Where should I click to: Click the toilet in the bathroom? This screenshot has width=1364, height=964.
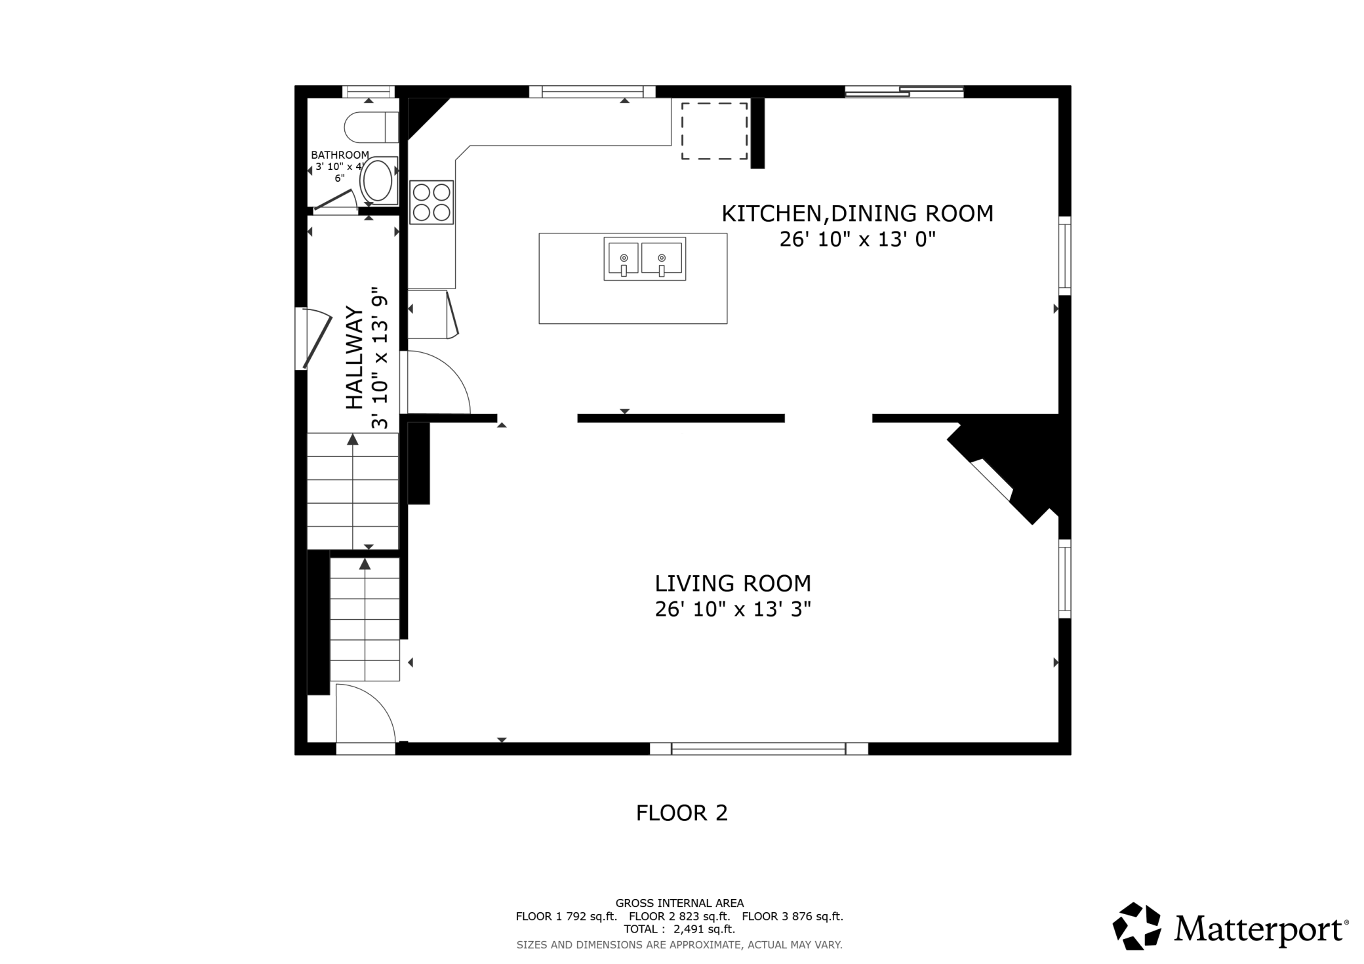pyautogui.click(x=371, y=127)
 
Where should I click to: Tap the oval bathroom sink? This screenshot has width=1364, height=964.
pyautogui.click(x=378, y=181)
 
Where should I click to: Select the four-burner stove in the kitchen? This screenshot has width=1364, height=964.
pyautogui.click(x=431, y=202)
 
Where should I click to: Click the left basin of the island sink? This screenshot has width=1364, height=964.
pyautogui.click(x=624, y=258)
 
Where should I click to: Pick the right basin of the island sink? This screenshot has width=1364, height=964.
pyautogui.click(x=662, y=258)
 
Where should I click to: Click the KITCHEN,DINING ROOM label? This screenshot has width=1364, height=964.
pyautogui.click(x=858, y=214)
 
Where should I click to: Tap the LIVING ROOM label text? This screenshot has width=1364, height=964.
pyautogui.click(x=733, y=583)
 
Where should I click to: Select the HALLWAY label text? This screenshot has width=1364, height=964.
pyautogui.click(x=355, y=357)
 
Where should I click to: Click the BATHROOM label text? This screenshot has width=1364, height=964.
pyautogui.click(x=340, y=155)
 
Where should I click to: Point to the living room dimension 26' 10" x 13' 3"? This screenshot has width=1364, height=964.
pyautogui.click(x=733, y=610)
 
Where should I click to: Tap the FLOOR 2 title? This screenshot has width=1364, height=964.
pyautogui.click(x=682, y=813)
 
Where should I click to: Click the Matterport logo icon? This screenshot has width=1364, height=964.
pyautogui.click(x=1137, y=926)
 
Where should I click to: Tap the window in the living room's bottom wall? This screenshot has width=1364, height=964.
pyautogui.click(x=759, y=748)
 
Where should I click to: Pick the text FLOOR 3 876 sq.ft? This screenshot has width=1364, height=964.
pyautogui.click(x=792, y=917)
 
